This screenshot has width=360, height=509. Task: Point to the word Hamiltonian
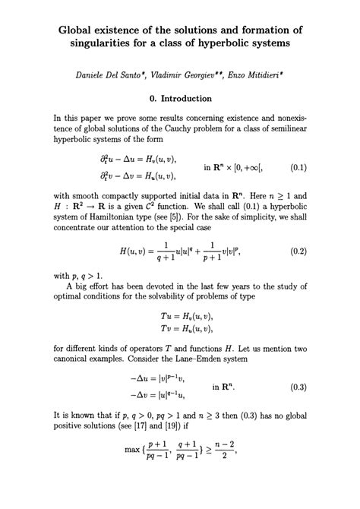(115, 216)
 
